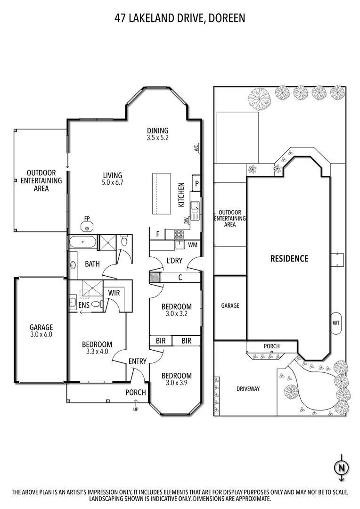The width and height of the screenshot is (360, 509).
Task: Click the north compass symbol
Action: pos(341,468)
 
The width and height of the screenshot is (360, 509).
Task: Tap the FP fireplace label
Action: pos(87,218)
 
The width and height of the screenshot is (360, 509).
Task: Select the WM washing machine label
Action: pos(192,245)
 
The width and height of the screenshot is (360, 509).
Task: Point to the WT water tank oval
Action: pos(336,323)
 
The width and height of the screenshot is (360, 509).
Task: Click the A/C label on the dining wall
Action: pos(196,148)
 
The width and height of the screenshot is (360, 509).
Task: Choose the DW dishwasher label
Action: pos(187,220)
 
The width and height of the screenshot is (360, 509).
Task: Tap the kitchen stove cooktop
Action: pos(179,234)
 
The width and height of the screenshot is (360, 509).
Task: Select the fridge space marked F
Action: pos(157,234)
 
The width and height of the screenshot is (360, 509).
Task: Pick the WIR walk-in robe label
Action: pos(114,293)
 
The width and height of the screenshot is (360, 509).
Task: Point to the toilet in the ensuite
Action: pos(96,304)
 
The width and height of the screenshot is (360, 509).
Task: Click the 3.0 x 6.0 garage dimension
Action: pos(41,335)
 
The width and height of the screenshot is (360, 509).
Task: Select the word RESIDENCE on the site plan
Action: pos(289,258)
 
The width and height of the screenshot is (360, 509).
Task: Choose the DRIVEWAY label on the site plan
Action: pos(248,389)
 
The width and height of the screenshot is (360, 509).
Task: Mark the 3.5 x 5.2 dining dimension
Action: pos(157,139)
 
